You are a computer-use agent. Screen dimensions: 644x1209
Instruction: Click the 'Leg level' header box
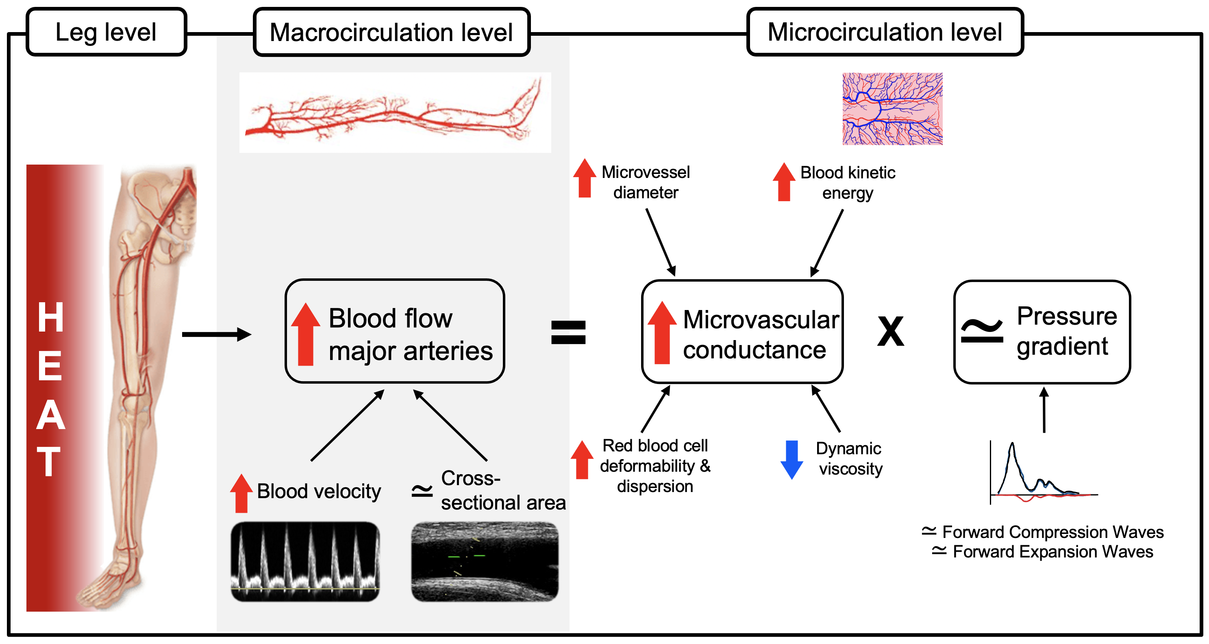point(106,32)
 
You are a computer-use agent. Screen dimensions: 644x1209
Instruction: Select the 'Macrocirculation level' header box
point(391,32)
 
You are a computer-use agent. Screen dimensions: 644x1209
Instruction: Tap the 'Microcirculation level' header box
point(885,32)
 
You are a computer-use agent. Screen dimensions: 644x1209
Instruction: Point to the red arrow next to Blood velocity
point(241,493)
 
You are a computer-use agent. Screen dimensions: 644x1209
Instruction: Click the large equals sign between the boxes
point(568,332)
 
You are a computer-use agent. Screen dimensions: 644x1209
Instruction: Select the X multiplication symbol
point(890,332)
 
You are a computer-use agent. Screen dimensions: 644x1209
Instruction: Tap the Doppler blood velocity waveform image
point(305,562)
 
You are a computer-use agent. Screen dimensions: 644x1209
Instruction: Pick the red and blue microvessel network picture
point(892,109)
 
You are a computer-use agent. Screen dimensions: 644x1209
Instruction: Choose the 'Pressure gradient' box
point(1042,332)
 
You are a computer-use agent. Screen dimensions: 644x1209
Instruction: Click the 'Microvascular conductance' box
point(742,332)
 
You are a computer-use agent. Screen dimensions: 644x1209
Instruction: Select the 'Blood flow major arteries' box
point(395,331)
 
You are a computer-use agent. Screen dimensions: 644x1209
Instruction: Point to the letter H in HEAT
point(50,318)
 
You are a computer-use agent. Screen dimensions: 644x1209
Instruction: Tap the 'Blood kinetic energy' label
point(848,182)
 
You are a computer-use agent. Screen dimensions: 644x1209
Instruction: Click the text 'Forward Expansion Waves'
point(1053,552)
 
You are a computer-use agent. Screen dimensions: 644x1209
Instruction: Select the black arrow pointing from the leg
point(216,334)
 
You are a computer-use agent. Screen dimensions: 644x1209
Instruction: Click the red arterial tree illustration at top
point(395,113)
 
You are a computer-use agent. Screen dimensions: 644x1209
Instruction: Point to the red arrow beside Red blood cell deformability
point(582,460)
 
